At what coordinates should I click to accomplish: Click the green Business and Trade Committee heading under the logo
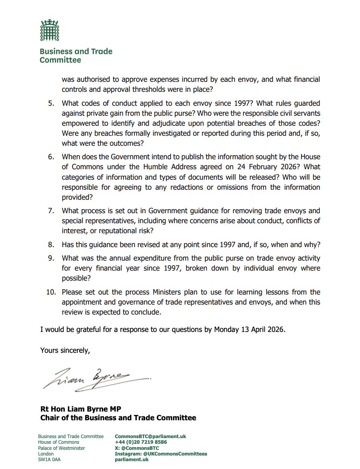[76, 55]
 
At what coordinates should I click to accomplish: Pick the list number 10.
[51, 291]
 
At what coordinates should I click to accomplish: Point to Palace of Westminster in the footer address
[61, 448]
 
